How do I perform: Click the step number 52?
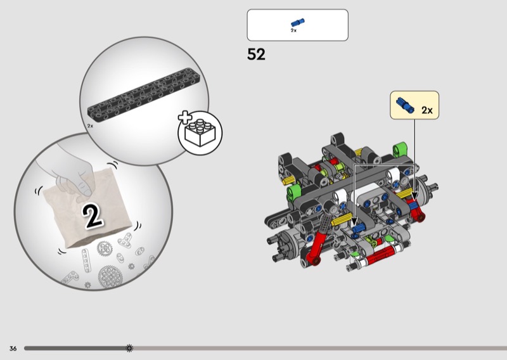(256, 55)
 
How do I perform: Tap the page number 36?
(13, 349)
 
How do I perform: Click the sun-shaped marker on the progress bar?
(129, 348)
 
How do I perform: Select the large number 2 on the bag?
(93, 215)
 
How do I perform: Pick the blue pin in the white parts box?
(298, 23)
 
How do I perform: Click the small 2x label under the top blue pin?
(293, 30)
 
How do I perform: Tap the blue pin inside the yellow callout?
(406, 105)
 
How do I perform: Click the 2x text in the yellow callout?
(427, 110)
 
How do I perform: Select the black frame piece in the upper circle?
(144, 93)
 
